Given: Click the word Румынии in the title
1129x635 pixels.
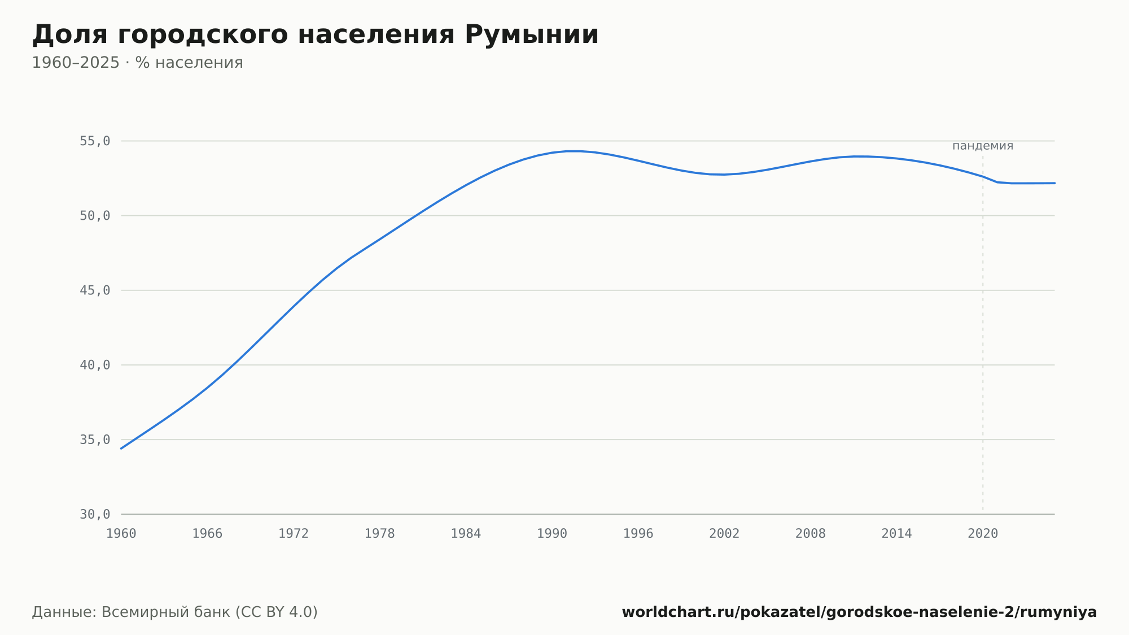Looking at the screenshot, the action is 531,35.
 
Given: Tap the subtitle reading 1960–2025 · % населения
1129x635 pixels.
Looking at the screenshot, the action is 137,63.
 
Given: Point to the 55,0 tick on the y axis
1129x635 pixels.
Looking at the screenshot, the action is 95,141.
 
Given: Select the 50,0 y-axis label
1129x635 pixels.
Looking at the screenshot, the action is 95,216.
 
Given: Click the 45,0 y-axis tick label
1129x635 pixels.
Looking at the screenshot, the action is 95,290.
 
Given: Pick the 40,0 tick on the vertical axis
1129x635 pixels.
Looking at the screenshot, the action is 95,365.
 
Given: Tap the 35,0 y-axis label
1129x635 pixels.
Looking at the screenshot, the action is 95,440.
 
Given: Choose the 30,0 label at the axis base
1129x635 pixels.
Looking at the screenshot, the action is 95,514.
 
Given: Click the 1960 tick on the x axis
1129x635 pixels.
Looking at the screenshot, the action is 121,534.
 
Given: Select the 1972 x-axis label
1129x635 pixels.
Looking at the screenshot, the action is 294,534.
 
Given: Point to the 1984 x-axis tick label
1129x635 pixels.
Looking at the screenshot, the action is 466,534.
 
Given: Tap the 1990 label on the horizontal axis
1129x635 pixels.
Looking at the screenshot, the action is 552,534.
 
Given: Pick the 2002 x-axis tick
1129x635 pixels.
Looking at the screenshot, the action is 724,534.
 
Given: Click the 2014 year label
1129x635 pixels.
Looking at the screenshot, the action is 896,534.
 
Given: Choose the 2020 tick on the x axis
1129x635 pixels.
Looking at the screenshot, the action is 983,534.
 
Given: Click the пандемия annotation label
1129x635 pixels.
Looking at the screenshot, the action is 983,146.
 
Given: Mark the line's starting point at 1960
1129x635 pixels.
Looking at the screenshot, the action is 121,449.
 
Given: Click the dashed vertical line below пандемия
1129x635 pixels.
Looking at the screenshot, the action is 983,333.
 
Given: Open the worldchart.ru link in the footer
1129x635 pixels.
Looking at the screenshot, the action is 859,612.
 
